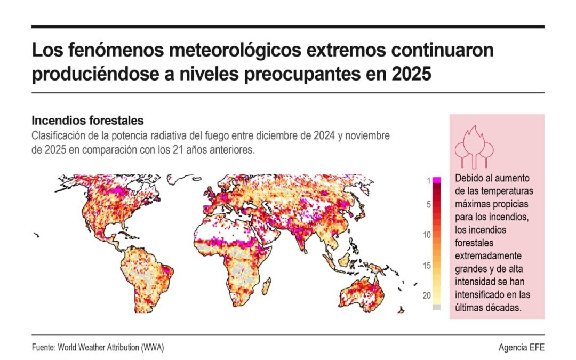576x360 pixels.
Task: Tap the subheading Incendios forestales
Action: [87, 121]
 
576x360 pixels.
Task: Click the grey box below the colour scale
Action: [437, 307]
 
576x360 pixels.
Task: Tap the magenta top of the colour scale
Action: [437, 180]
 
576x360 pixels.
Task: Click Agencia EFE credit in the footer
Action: [521, 348]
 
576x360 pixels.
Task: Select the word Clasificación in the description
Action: [57, 135]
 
